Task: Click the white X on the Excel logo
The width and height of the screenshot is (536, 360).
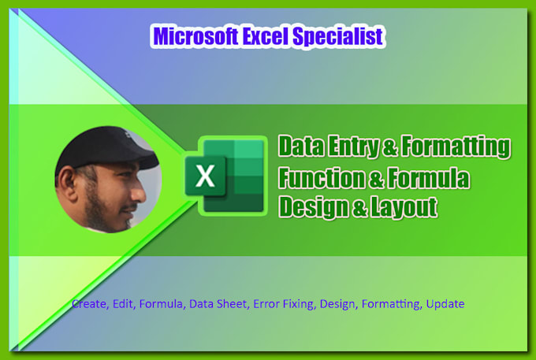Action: [205, 176]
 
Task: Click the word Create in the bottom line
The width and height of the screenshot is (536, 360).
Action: [87, 303]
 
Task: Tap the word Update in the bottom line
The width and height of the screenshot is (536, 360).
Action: [445, 303]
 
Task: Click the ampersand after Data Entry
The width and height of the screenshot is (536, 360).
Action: [386, 147]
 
